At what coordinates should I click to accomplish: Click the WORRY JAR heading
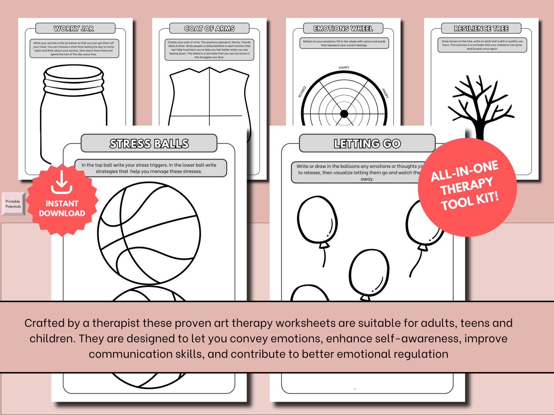pyautogui.click(x=74, y=29)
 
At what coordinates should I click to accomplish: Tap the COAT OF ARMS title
pyautogui.click(x=209, y=29)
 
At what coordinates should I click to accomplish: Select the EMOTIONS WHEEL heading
pyautogui.click(x=343, y=29)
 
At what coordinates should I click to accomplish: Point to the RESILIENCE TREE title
pyautogui.click(x=481, y=29)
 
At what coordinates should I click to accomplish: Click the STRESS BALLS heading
pyautogui.click(x=149, y=144)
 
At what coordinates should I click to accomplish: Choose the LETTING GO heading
pyautogui.click(x=367, y=144)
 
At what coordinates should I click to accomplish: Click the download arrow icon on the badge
pyautogui.click(x=62, y=182)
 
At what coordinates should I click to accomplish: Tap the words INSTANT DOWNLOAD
pyautogui.click(x=62, y=208)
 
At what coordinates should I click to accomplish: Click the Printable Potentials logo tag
pyautogui.click(x=13, y=204)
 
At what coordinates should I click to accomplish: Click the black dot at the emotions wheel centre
pyautogui.click(x=344, y=114)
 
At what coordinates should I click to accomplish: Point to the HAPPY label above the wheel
pyautogui.click(x=344, y=68)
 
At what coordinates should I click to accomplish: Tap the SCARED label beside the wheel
pyautogui.click(x=302, y=92)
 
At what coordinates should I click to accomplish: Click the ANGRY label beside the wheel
pyautogui.click(x=385, y=93)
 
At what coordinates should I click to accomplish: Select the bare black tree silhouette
pyautogui.click(x=480, y=105)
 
